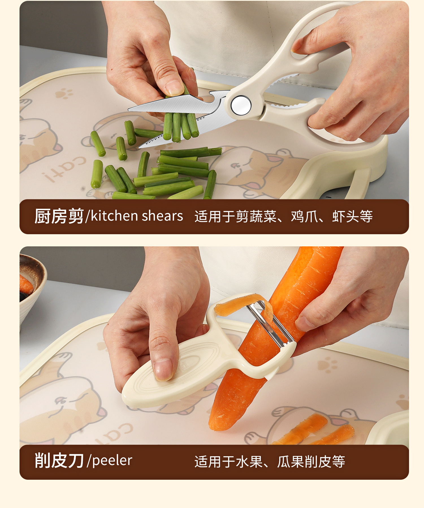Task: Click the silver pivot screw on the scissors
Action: [241, 105]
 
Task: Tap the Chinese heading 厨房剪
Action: [59, 216]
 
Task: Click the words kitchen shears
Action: [137, 216]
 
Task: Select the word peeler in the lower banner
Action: [112, 461]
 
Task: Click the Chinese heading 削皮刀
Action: [59, 460]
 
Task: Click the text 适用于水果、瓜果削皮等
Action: [270, 462]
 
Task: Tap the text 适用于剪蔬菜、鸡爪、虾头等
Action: [284, 216]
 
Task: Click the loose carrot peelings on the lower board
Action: [314, 430]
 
